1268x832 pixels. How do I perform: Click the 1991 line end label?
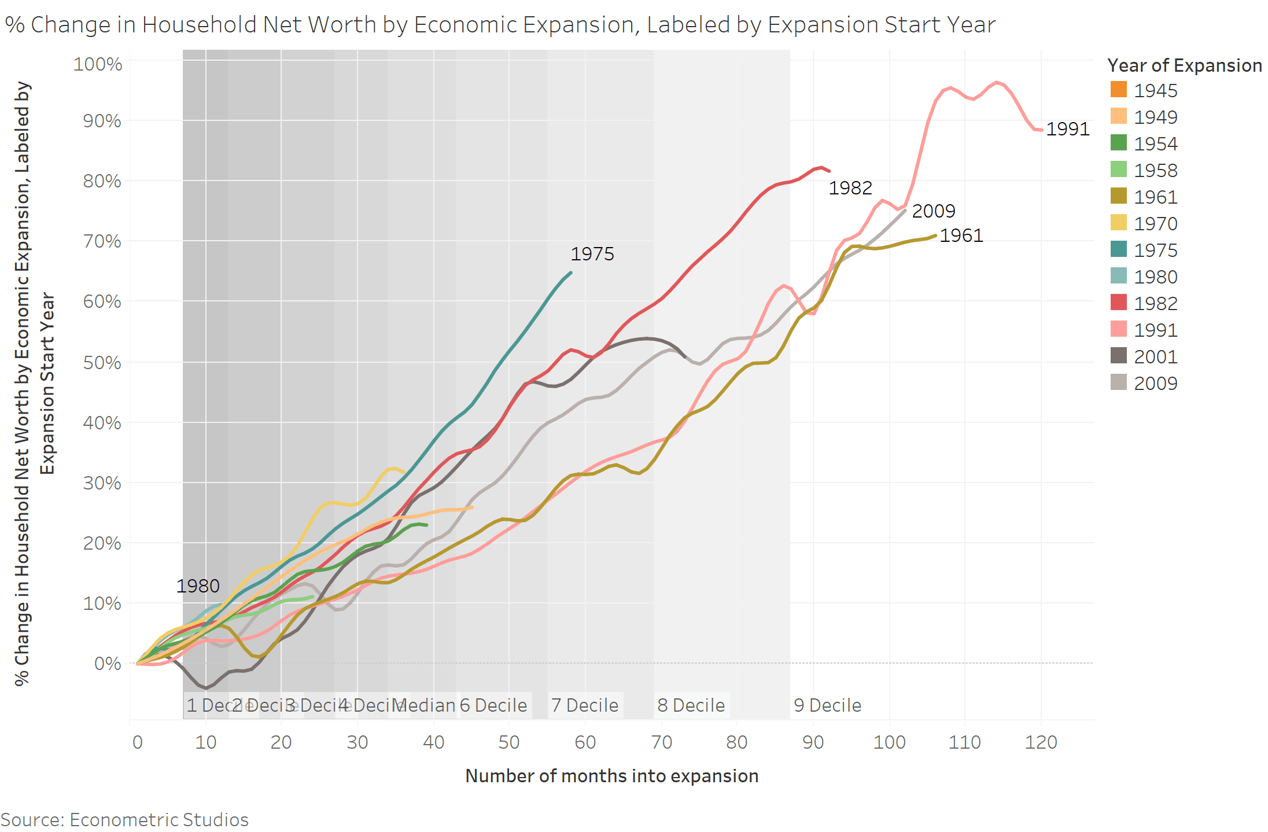(x=1067, y=129)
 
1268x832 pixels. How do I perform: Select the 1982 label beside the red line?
(x=850, y=188)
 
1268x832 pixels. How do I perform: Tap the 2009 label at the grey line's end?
(x=933, y=211)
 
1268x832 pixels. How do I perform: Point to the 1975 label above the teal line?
(x=592, y=254)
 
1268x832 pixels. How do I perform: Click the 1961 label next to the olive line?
(x=961, y=235)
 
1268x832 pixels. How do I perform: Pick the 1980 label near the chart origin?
(x=197, y=586)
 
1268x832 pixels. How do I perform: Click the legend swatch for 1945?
(x=1119, y=90)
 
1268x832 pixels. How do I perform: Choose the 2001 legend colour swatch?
(x=1119, y=356)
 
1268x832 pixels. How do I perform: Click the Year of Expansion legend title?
(x=1184, y=65)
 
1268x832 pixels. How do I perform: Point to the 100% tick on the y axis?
(x=97, y=64)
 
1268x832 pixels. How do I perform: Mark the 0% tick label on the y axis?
(x=108, y=663)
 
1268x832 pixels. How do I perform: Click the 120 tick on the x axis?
(x=1041, y=742)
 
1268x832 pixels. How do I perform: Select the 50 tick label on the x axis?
(x=508, y=742)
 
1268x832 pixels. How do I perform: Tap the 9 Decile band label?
(x=827, y=705)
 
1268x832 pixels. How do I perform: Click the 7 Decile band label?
(x=584, y=705)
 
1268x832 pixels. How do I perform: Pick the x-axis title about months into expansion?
(x=611, y=776)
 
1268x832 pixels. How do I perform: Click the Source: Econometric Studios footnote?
(x=124, y=820)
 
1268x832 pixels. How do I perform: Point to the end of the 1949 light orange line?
(x=473, y=507)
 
